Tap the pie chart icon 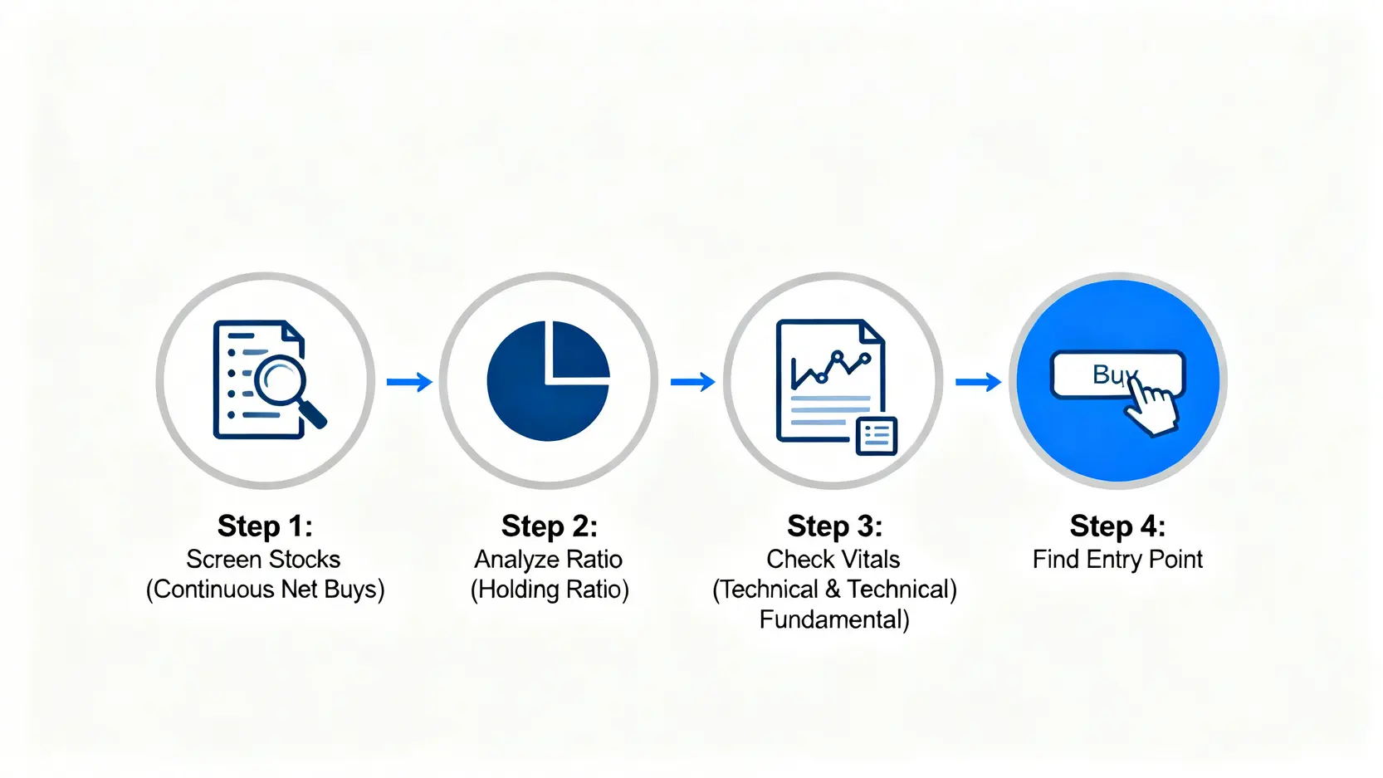pos(548,380)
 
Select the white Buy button pos(1117,374)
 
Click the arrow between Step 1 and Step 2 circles pos(409,382)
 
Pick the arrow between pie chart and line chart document pos(692,382)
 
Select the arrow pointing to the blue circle pos(978,382)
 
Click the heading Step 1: pos(265,526)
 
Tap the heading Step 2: pos(550,526)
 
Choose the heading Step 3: pos(835,526)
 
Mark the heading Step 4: pos(1117,526)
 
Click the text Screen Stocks pos(264,560)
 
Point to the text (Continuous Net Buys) pos(265,589)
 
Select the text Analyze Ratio pos(548,560)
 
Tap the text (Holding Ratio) pos(550,589)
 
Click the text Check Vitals pos(833,560)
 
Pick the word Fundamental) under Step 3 pos(834,619)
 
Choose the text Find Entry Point pos(1117,560)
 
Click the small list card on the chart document pos(877,436)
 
